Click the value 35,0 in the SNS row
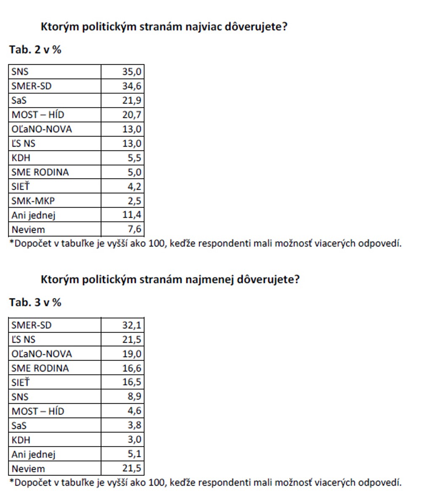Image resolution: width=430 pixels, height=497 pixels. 132,72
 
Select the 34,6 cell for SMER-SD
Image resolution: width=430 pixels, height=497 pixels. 132,86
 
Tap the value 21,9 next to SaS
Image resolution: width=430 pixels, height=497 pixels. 132,100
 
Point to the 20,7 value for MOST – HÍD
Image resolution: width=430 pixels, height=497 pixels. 132,115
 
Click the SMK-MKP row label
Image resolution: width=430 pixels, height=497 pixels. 33,201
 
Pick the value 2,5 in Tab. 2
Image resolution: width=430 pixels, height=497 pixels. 134,201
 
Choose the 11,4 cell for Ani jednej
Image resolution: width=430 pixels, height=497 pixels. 132,215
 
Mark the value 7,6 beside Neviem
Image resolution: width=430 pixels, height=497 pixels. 134,229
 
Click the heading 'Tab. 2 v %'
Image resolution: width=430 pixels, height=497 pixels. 35,50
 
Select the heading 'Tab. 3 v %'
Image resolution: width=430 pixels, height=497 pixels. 35,302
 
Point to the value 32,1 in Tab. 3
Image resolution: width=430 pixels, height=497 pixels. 132,325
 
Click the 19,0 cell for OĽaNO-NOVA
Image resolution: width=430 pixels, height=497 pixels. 132,354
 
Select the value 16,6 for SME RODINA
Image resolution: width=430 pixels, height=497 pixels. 132,368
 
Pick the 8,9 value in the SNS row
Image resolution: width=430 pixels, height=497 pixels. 134,397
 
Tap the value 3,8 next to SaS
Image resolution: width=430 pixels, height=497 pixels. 134,425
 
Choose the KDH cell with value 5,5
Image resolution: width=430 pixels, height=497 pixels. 134,158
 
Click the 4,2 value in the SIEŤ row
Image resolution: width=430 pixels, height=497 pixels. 134,187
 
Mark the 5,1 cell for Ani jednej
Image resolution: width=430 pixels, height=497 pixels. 134,454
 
